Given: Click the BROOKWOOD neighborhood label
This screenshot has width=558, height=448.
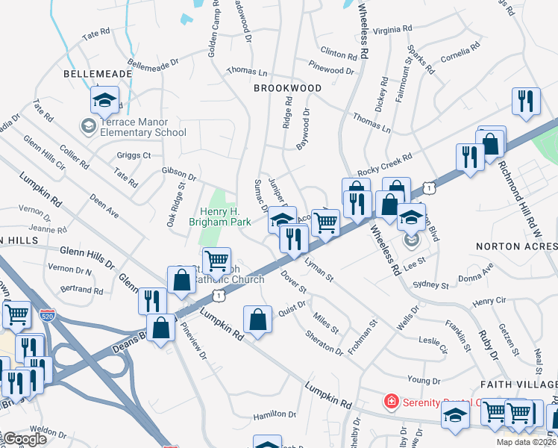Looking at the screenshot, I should point(287,88).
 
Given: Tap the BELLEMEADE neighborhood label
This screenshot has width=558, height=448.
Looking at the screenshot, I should point(98,75).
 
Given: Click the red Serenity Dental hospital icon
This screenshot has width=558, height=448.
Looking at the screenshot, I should point(390,402).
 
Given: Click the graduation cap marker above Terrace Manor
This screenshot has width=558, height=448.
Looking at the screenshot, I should point(105,101).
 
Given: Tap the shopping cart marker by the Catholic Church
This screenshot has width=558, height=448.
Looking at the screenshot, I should point(216,261).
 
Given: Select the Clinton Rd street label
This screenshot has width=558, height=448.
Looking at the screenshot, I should point(338,53).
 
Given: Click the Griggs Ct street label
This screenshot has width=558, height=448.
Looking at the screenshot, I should point(134,155).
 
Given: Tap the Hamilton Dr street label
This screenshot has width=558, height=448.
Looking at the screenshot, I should point(275,414).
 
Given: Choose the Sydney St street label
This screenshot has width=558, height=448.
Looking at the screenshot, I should point(430,284).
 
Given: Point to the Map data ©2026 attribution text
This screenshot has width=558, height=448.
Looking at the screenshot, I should point(527,442).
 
